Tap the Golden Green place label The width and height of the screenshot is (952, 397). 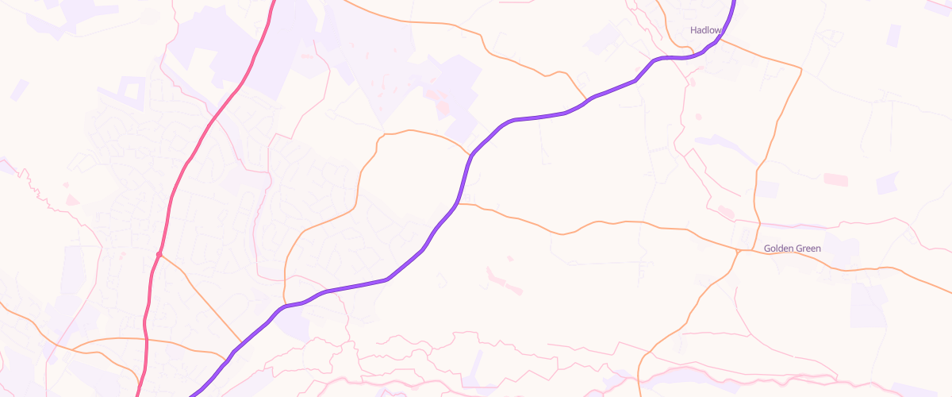(792, 249)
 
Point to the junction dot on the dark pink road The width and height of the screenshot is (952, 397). (159, 254)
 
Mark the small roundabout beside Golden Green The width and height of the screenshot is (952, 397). (738, 251)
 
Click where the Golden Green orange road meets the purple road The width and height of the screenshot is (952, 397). (459, 204)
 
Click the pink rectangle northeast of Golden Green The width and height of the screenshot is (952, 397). (835, 179)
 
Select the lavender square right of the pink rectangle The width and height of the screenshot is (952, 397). (887, 183)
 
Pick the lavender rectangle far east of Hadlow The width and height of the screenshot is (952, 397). (894, 36)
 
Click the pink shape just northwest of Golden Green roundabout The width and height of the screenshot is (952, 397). (725, 212)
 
